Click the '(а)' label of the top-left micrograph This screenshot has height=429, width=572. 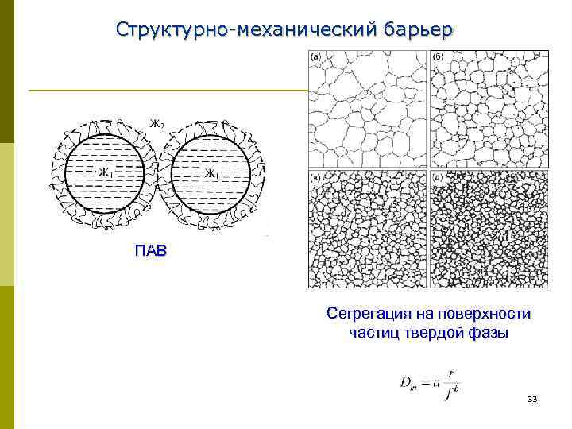tap(315, 57)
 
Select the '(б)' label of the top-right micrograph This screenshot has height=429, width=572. tap(438, 57)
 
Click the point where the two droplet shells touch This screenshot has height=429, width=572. tap(159, 176)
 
